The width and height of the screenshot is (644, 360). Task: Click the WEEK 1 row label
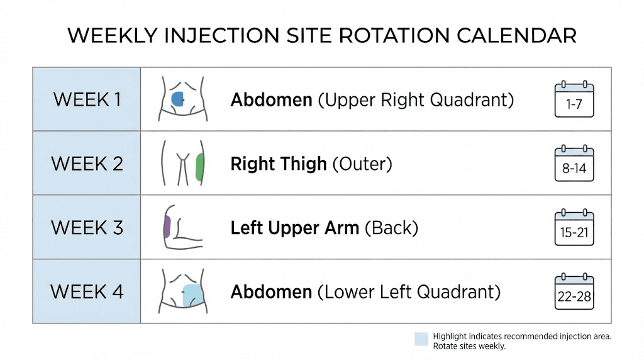point(87,99)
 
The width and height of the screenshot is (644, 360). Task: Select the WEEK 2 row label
point(87,164)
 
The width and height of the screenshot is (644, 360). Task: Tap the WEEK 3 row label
point(87,227)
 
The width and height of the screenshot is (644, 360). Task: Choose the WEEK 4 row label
point(87,291)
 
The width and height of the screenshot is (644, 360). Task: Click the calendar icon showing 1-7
point(574,99)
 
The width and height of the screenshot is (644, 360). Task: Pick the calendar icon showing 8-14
point(574,164)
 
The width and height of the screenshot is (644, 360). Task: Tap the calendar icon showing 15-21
point(574,227)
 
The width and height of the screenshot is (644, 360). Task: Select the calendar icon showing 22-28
point(574,291)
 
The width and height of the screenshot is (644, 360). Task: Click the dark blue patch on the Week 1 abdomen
point(177,98)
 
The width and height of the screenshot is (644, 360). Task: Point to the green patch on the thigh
point(199,167)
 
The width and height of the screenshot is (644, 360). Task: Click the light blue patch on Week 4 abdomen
point(191,295)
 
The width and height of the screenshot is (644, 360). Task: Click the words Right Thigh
point(279,164)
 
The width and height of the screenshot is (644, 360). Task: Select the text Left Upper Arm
point(295,228)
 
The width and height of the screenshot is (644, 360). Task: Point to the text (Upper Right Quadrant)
point(416,100)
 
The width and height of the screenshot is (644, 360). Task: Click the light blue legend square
point(421,339)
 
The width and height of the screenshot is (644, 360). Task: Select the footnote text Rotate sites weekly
point(469,346)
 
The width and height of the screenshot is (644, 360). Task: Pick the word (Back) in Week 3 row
point(391,228)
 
